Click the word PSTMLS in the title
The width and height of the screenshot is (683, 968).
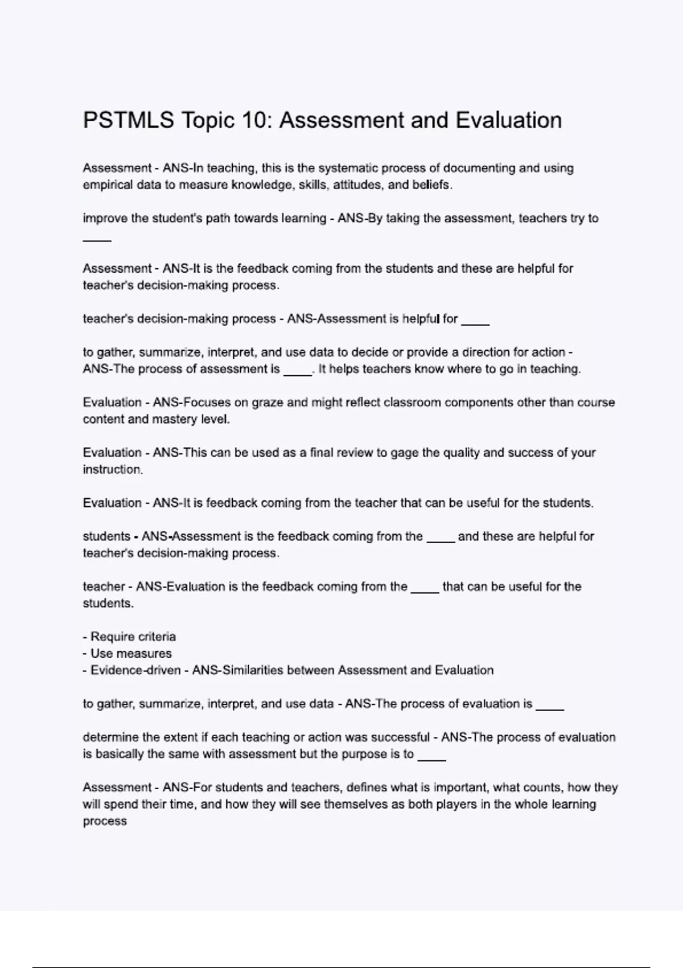tap(128, 121)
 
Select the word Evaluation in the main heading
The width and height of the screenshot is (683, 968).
tap(508, 121)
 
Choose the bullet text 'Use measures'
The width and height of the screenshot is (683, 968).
tap(131, 654)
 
